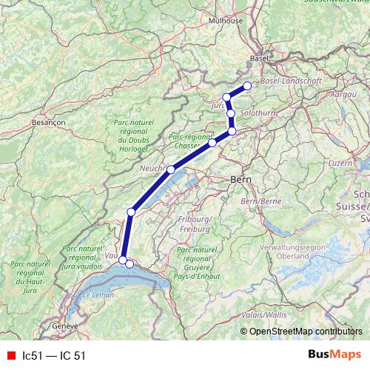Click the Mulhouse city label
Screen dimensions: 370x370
click(x=227, y=21)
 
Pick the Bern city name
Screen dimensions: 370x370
click(x=241, y=179)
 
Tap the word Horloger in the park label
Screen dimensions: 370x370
click(x=134, y=148)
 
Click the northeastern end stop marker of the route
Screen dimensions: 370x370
click(x=247, y=86)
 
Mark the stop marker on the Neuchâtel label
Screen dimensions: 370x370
click(x=171, y=169)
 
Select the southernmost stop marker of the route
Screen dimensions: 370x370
click(x=129, y=263)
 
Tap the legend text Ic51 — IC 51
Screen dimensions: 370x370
click(x=54, y=355)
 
